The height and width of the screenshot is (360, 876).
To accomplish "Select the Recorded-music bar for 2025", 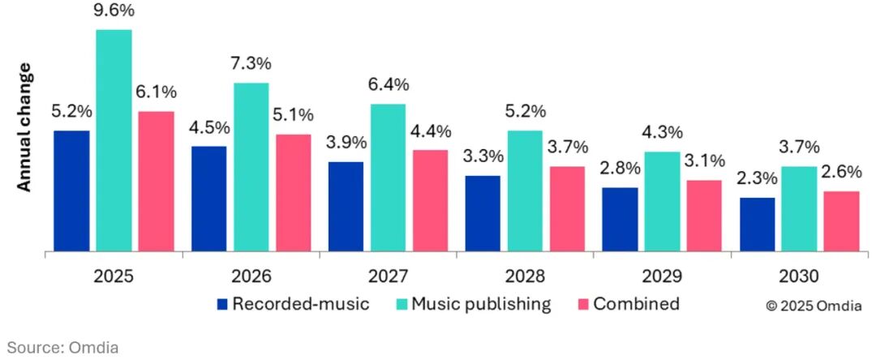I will click(x=71, y=191).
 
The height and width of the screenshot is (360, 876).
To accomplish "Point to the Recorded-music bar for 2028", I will click(x=483, y=213).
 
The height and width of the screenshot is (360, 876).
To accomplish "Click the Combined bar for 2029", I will click(x=704, y=216).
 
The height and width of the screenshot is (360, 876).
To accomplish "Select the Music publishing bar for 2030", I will click(x=799, y=208).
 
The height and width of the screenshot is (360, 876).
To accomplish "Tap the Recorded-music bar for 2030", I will click(x=757, y=224).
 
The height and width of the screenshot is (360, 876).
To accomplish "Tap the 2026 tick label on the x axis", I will click(x=251, y=276).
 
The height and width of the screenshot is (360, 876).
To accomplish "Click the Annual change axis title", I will click(x=24, y=127).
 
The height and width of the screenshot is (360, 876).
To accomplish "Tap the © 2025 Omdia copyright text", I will click(x=814, y=306).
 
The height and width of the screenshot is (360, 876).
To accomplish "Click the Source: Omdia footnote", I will click(x=64, y=347).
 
